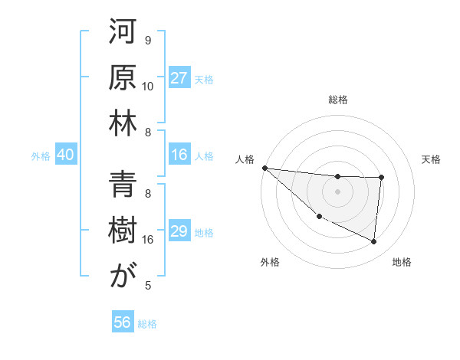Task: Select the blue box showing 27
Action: [x=179, y=78]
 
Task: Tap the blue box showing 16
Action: [x=179, y=155]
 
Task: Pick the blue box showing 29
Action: [x=179, y=232]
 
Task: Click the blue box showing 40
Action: [x=65, y=155]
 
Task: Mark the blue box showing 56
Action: [x=123, y=322]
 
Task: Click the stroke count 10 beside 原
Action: [x=148, y=86]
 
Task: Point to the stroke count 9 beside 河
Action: [x=148, y=40]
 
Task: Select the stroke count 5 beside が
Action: [x=148, y=286]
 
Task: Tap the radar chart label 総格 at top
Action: [x=338, y=100]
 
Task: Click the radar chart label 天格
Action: [x=432, y=159]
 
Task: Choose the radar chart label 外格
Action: [x=269, y=262]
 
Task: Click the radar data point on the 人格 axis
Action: [x=264, y=168]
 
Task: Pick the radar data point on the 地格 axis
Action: [x=374, y=242]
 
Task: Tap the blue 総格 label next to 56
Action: [x=147, y=324]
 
